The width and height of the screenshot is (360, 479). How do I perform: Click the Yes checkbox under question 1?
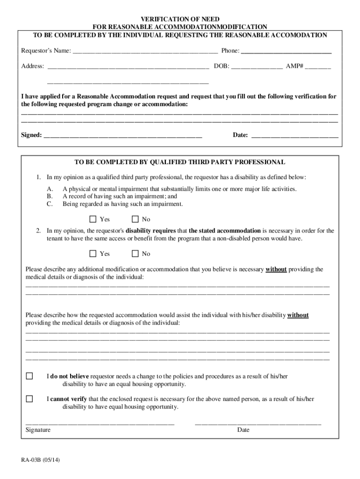pyautogui.click(x=93, y=219)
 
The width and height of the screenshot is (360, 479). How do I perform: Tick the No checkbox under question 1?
pyautogui.click(x=135, y=219)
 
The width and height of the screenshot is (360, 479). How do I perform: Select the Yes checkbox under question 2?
pyautogui.click(x=93, y=254)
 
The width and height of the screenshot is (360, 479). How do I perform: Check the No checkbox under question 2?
pyautogui.click(x=135, y=254)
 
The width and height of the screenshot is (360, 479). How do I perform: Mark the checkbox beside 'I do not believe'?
pyautogui.click(x=29, y=376)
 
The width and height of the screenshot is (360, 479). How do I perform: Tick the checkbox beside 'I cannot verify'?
pyautogui.click(x=29, y=399)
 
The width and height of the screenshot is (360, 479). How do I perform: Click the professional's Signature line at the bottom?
pyautogui.click(x=100, y=422)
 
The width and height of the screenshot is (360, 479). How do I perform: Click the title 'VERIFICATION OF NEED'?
pyautogui.click(x=180, y=19)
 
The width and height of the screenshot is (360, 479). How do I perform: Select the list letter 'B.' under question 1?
pyautogui.click(x=50, y=196)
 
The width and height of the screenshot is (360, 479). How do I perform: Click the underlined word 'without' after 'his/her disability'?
pyautogui.click(x=298, y=315)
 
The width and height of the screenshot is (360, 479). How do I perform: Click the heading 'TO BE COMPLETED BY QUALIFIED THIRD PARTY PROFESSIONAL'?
pyautogui.click(x=180, y=162)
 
